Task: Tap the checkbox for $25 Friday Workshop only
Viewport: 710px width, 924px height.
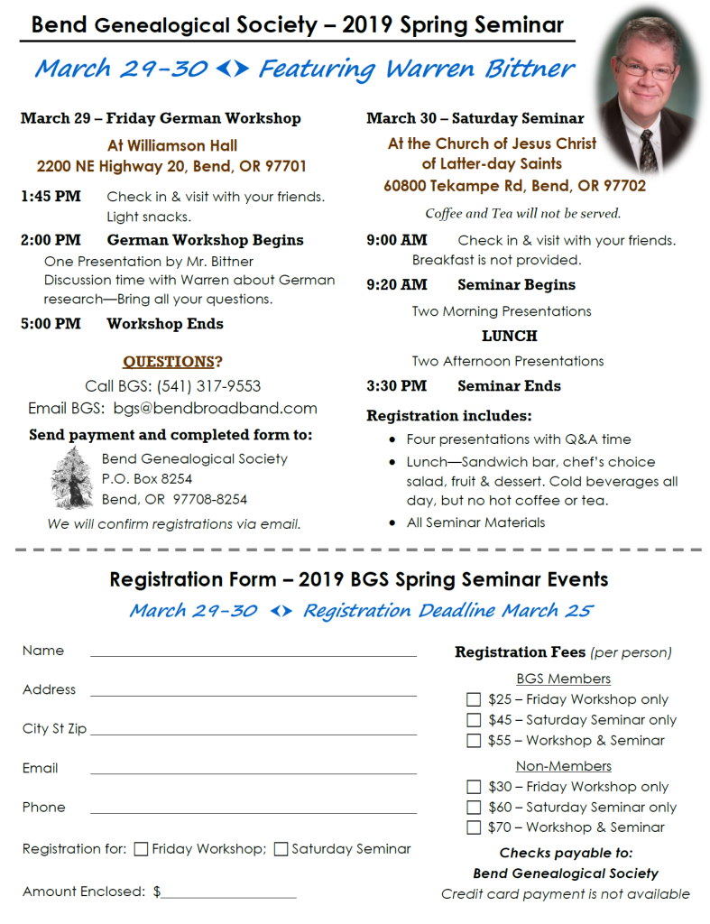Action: pos(474,699)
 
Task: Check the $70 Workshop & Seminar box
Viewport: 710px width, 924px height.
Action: pos(474,827)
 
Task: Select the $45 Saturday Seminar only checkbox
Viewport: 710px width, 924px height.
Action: pos(474,720)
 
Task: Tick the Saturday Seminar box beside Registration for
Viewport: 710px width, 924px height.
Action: pos(281,849)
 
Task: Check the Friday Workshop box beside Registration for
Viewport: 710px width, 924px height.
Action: pos(142,849)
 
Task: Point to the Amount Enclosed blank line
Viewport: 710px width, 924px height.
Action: pos(228,896)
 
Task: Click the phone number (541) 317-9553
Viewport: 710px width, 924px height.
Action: pos(208,386)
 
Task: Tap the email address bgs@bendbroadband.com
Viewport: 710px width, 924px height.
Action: pos(215,409)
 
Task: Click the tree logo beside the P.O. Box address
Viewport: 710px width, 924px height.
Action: pos(72,478)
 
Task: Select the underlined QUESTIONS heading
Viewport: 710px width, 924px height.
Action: pos(169,362)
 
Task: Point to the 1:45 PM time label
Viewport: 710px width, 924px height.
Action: pos(51,197)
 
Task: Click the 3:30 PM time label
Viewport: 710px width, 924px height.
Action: pos(396,386)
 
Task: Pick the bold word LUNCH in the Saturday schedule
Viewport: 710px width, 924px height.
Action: pos(509,337)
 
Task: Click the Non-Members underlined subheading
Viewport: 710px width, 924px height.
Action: pos(563,766)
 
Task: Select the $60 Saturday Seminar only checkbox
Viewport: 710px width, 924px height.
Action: pos(474,808)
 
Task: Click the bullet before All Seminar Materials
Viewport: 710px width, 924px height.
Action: pos(392,522)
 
